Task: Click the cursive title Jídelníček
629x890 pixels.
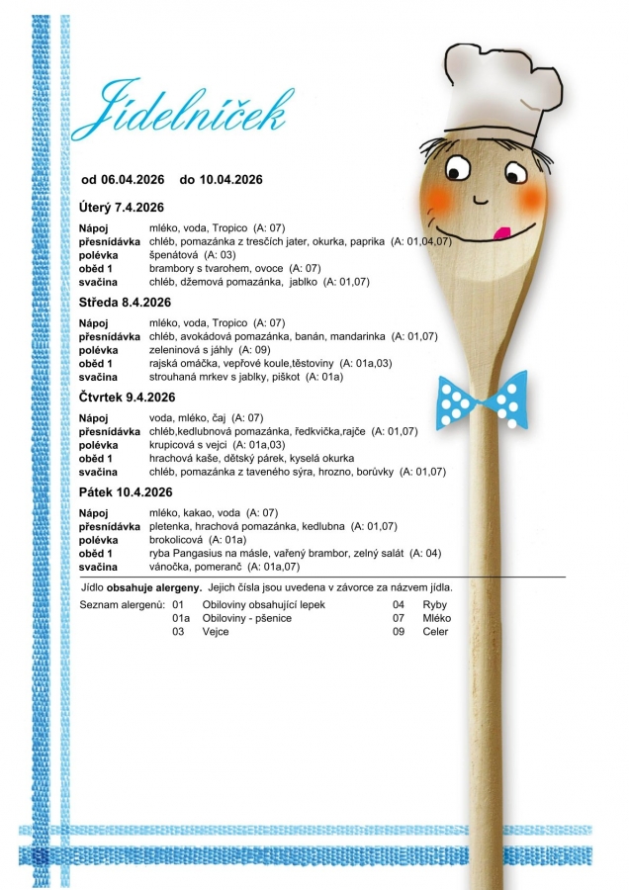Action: coord(178,110)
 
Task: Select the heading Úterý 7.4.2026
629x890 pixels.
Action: coord(121,207)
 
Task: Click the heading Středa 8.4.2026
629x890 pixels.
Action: coord(125,302)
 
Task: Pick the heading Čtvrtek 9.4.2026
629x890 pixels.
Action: coord(127,397)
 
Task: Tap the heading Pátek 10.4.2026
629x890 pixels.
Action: coord(125,491)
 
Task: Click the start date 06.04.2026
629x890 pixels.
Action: coord(133,179)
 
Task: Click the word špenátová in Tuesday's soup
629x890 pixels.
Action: coord(171,255)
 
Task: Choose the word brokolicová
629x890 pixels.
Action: coord(176,540)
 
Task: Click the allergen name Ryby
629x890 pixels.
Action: coord(435,604)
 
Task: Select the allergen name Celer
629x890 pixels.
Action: coord(435,632)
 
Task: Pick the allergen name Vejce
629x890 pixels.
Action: coord(216,632)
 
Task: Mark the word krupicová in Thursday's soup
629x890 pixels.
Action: coord(173,445)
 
